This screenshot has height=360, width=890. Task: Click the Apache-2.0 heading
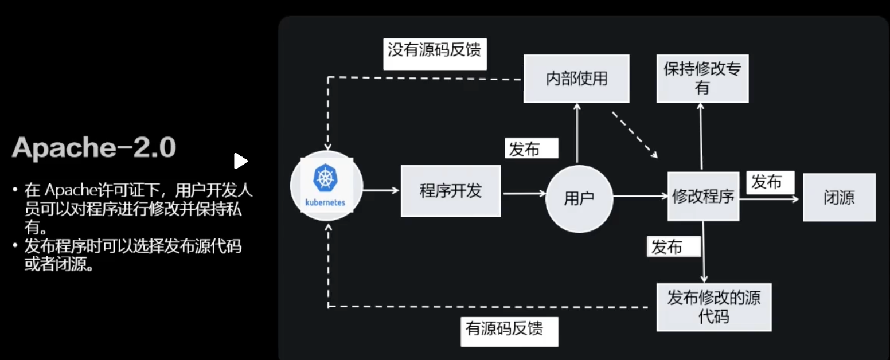[x=93, y=148]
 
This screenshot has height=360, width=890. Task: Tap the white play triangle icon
[x=240, y=161]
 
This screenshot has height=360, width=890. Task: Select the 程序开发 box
[x=450, y=191]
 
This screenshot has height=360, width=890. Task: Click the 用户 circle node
[x=579, y=198]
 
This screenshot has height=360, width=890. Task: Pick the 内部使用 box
[x=576, y=79]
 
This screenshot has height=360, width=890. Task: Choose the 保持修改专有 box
[x=702, y=79]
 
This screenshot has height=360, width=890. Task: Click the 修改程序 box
[x=703, y=197]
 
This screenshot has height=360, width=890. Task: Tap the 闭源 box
[x=838, y=197]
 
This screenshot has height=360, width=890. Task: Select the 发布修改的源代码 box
[x=713, y=307]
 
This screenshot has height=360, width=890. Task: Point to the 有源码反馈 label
[x=509, y=329]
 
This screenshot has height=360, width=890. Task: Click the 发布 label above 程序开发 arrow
[x=530, y=149]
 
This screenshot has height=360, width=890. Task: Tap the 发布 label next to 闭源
[x=770, y=182]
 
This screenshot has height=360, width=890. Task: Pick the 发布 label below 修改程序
[x=674, y=247]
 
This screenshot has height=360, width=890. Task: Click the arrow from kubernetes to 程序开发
[x=381, y=190]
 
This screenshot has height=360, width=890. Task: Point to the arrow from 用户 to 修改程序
[x=640, y=197]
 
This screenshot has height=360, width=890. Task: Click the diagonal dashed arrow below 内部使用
[x=634, y=134]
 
